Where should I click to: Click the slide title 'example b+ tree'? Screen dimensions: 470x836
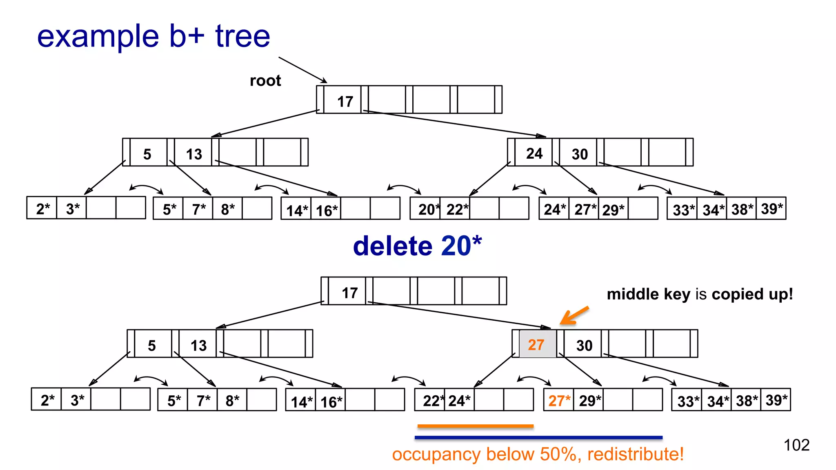pyautogui.click(x=153, y=37)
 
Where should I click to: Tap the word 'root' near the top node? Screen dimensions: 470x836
pyautogui.click(x=265, y=81)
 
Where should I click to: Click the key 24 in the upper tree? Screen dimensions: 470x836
pyautogui.click(x=534, y=153)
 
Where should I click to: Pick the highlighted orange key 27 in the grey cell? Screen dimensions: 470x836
pyautogui.click(x=536, y=345)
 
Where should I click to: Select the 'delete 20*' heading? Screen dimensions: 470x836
pyautogui.click(x=417, y=246)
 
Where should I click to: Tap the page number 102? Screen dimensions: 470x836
pyautogui.click(x=796, y=445)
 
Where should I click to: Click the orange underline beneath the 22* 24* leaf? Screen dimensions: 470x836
pyautogui.click(x=475, y=426)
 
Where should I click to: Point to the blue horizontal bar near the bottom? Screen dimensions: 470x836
pyautogui.click(x=538, y=437)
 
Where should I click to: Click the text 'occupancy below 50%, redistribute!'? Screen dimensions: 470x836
pyautogui.click(x=538, y=454)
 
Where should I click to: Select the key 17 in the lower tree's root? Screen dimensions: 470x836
pyautogui.click(x=350, y=293)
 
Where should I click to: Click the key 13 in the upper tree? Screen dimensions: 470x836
pyautogui.click(x=194, y=154)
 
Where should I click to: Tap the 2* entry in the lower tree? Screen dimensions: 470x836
pyautogui.click(x=47, y=400)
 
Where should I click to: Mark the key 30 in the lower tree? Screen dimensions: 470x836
pyautogui.click(x=584, y=346)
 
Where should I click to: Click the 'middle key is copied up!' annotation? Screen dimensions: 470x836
pyautogui.click(x=700, y=294)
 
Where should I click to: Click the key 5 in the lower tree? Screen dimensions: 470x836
pyautogui.click(x=152, y=346)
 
